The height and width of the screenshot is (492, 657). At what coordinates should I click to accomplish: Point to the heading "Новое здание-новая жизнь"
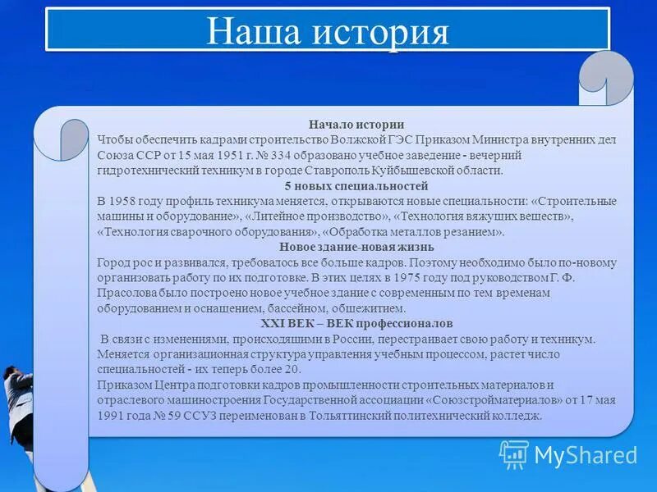[356, 247]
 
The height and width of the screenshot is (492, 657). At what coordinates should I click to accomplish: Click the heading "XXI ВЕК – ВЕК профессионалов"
[356, 324]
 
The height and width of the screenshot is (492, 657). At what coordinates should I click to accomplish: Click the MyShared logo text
[585, 454]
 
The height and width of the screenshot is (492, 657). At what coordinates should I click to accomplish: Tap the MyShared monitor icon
[514, 454]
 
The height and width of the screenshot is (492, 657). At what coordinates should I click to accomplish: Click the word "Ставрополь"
[319, 171]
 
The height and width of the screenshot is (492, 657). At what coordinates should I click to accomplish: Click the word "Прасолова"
[126, 294]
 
